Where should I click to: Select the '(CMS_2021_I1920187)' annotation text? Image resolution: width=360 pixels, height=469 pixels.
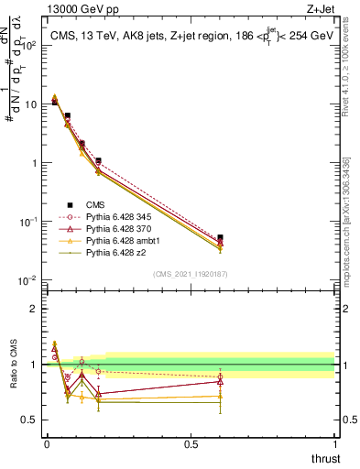[191, 273]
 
